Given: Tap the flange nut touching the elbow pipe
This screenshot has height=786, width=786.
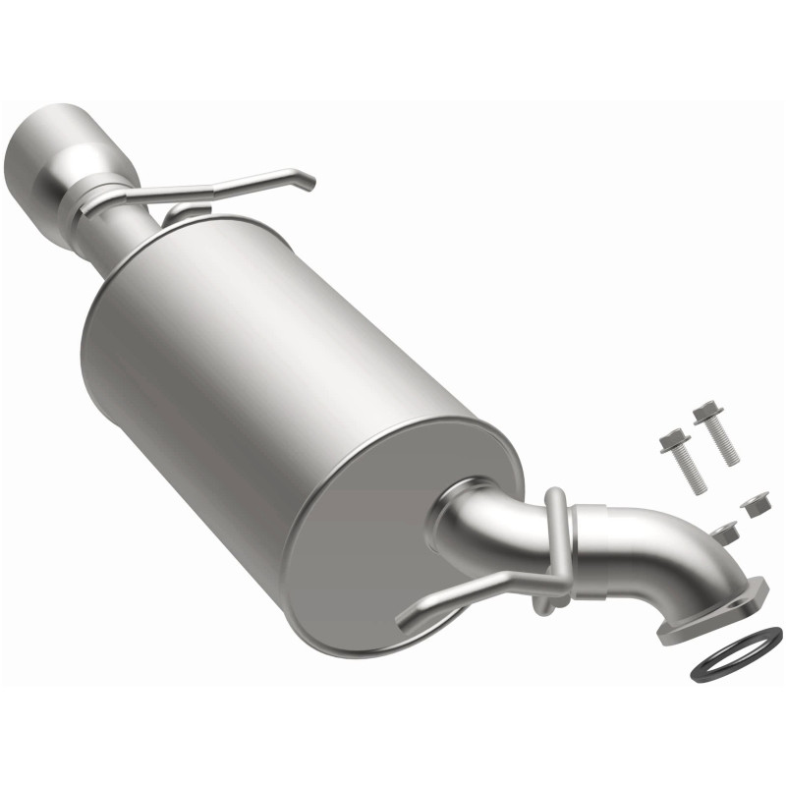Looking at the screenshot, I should (726, 533).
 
